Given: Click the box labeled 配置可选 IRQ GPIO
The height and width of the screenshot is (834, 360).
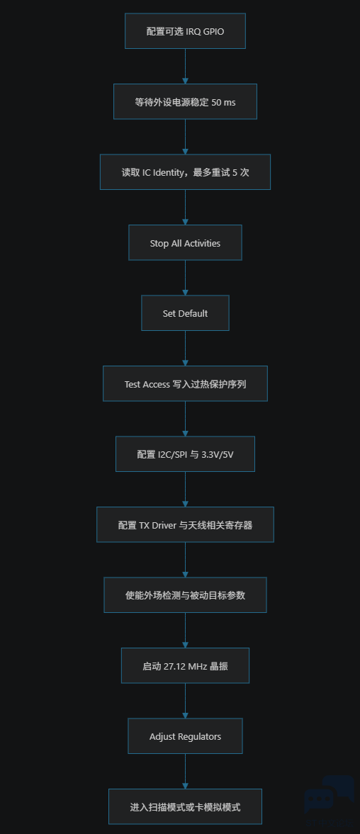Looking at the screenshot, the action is point(185,31).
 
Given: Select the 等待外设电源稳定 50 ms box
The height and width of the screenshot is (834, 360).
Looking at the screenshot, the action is point(185,101).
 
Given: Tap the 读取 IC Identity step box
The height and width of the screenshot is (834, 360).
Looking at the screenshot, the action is point(185,171).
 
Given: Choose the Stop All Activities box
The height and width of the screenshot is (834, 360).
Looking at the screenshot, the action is point(185,242).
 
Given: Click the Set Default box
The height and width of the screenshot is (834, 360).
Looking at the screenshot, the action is point(185,312).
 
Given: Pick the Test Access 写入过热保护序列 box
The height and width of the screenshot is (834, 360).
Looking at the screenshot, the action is point(185,383).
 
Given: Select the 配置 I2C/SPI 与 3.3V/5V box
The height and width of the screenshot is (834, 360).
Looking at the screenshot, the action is point(185,453).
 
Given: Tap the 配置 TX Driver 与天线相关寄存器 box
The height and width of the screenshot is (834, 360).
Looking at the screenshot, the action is point(185,524).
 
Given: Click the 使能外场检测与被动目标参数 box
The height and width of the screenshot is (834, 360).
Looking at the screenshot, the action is point(185,594).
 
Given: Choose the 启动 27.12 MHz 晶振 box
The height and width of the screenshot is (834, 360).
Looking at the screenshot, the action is point(185,665).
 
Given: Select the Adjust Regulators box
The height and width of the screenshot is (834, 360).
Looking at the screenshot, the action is point(185,736).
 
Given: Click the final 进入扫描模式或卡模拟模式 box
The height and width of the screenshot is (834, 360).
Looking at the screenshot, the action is point(185,806).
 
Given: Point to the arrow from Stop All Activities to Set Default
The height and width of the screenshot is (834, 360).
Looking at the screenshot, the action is point(185,278).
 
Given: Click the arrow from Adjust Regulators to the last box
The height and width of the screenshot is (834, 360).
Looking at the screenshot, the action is point(185,771).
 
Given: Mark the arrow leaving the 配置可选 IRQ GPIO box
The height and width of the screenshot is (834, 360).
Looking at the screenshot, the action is point(185,67).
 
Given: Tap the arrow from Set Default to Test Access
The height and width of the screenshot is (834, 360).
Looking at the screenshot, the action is point(185,349).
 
